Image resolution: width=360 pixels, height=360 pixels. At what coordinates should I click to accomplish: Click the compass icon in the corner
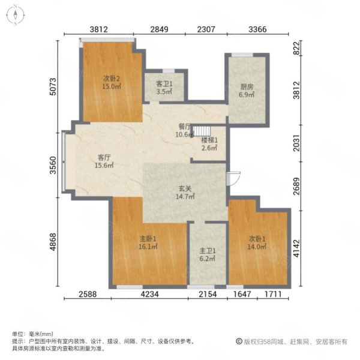[15, 15]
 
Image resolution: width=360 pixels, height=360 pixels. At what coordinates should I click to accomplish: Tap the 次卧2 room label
[112, 79]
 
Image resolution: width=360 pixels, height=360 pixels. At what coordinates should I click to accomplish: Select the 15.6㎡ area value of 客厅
[104, 165]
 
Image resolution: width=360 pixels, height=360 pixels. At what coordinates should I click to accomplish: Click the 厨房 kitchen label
[247, 87]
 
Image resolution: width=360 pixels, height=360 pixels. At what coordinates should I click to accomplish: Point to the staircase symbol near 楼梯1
[202, 131]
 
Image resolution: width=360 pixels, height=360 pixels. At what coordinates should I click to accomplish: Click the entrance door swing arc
[236, 179]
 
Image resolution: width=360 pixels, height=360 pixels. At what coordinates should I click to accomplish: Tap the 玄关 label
[185, 189]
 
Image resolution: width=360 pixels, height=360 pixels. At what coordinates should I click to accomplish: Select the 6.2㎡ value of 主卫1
[208, 259]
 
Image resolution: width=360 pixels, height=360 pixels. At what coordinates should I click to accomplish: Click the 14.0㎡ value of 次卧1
[257, 247]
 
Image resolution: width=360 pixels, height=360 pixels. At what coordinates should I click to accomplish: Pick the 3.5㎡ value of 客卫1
[164, 92]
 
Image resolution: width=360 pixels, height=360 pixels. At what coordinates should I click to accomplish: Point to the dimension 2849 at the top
[159, 29]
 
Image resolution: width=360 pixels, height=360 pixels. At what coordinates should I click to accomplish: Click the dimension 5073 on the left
[53, 86]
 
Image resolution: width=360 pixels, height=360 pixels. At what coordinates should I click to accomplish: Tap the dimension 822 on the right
[296, 48]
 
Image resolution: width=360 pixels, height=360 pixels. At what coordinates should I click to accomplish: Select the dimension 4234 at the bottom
[149, 294]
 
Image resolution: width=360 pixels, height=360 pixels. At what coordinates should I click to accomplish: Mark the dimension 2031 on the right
[296, 143]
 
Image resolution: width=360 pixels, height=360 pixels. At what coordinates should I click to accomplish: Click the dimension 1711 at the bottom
[273, 294]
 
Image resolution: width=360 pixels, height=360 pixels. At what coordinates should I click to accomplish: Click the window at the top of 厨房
[242, 55]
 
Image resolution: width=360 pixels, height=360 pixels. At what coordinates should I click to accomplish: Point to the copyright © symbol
[239, 341]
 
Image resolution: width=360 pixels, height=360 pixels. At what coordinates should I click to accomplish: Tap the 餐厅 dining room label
[185, 127]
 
